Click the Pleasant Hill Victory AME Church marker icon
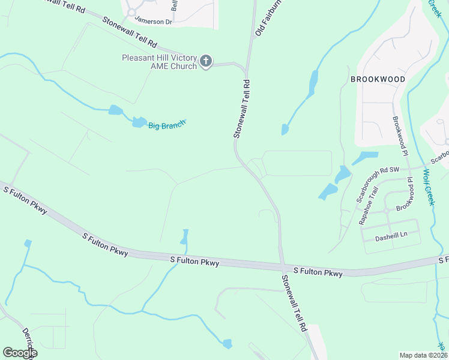[x=206, y=61]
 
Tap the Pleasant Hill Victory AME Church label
[x=159, y=62]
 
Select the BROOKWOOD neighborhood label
[x=378, y=79]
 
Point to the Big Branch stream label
[x=167, y=125]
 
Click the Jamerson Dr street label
[x=153, y=20]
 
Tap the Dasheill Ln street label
[x=391, y=236]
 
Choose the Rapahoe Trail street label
[x=369, y=205]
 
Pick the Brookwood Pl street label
[x=400, y=133]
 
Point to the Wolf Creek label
[x=427, y=187]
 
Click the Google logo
[x=20, y=353]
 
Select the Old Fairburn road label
[x=268, y=18]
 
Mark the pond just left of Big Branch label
[x=139, y=122]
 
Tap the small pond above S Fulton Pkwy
[x=184, y=237]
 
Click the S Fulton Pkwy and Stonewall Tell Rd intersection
[x=282, y=265]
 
